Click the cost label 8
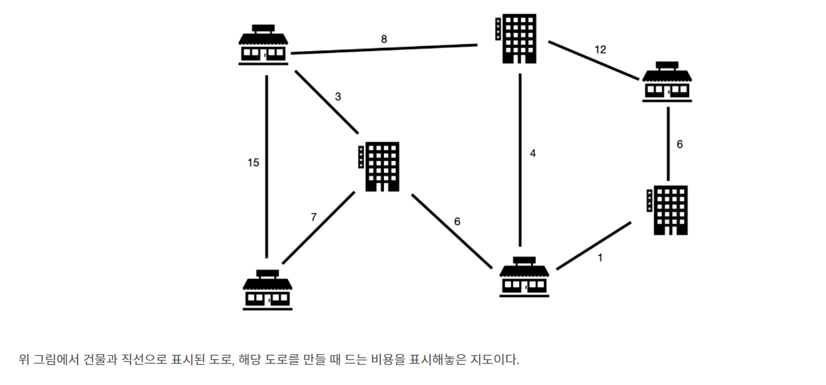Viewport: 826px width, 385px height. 384,39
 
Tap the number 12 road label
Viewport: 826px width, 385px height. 600,49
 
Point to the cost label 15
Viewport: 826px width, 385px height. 253,163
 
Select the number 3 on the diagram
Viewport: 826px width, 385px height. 338,97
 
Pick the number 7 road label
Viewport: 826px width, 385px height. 313,217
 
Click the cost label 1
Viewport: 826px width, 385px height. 600,257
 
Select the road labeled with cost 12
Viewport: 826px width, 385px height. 593,60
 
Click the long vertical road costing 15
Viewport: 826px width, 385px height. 267,167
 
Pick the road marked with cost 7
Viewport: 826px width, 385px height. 319,227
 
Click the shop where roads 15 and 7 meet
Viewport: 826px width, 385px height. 267,289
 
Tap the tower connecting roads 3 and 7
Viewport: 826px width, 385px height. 381,166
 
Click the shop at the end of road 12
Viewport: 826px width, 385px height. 667,81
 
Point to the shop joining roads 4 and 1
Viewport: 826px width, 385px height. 524,277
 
